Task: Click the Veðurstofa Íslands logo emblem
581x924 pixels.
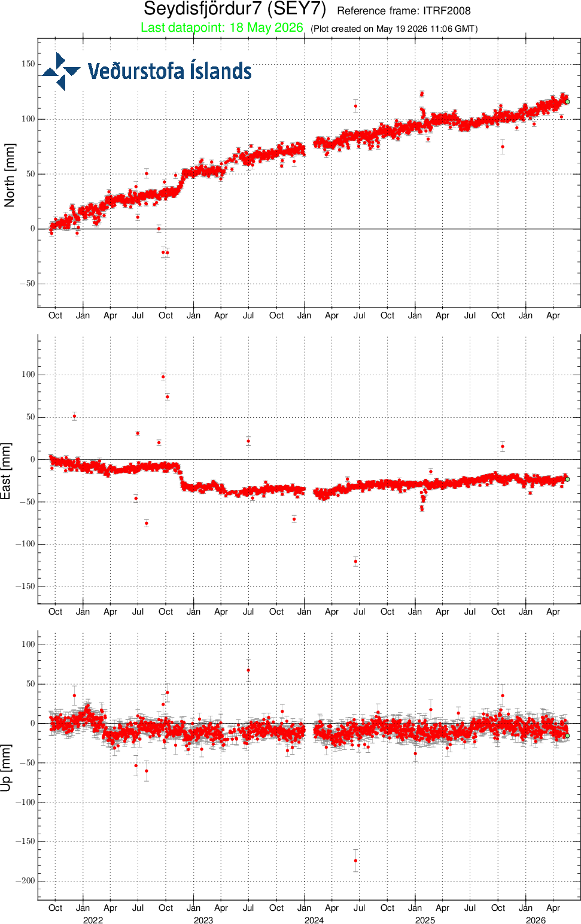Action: pyautogui.click(x=60, y=71)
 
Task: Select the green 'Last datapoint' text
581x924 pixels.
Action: pyautogui.click(x=222, y=28)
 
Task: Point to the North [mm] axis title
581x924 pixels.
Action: pyautogui.click(x=9, y=175)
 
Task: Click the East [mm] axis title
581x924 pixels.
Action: pyautogui.click(x=6, y=471)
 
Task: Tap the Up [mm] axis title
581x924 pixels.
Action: pyautogui.click(x=6, y=768)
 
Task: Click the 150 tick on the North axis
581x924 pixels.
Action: pyautogui.click(x=29, y=64)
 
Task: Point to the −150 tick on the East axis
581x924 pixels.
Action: pyautogui.click(x=25, y=586)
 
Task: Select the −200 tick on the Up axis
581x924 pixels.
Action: pyautogui.click(x=25, y=881)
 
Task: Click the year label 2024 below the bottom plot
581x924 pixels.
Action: pyautogui.click(x=314, y=920)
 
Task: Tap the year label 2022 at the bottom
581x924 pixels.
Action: pyautogui.click(x=93, y=920)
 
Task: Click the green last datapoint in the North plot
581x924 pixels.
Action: pyautogui.click(x=567, y=102)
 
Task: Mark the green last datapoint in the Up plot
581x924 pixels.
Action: pyautogui.click(x=567, y=735)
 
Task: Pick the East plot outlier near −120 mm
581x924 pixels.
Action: pyautogui.click(x=355, y=561)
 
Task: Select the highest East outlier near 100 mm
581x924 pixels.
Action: pyautogui.click(x=163, y=376)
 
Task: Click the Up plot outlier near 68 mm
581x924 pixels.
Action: pyautogui.click(x=248, y=670)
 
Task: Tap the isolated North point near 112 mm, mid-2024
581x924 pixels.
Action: pyautogui.click(x=355, y=106)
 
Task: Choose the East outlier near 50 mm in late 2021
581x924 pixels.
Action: pyautogui.click(x=74, y=416)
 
